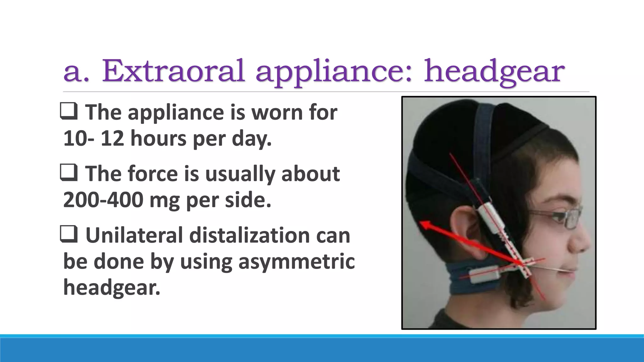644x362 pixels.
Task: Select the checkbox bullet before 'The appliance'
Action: click(69, 112)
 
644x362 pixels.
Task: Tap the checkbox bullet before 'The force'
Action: click(69, 173)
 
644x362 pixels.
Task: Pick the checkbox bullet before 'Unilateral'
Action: click(69, 235)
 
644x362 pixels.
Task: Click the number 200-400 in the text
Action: click(103, 200)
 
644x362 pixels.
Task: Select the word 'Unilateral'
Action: click(134, 235)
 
